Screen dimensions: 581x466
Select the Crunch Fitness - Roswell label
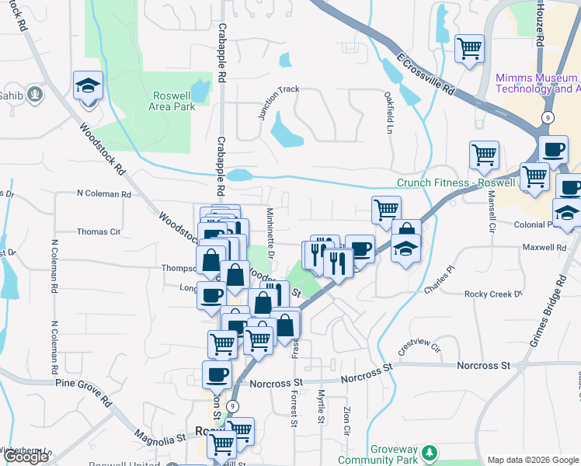(456, 183)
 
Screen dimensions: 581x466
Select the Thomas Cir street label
(98, 231)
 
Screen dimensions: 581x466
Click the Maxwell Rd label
(544, 248)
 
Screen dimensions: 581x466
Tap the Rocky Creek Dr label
(494, 294)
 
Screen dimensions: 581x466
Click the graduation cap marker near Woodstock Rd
(88, 85)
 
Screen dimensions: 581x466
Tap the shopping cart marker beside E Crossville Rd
(469, 48)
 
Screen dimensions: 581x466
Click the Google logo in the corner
(26, 457)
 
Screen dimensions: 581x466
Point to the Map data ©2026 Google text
(532, 459)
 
